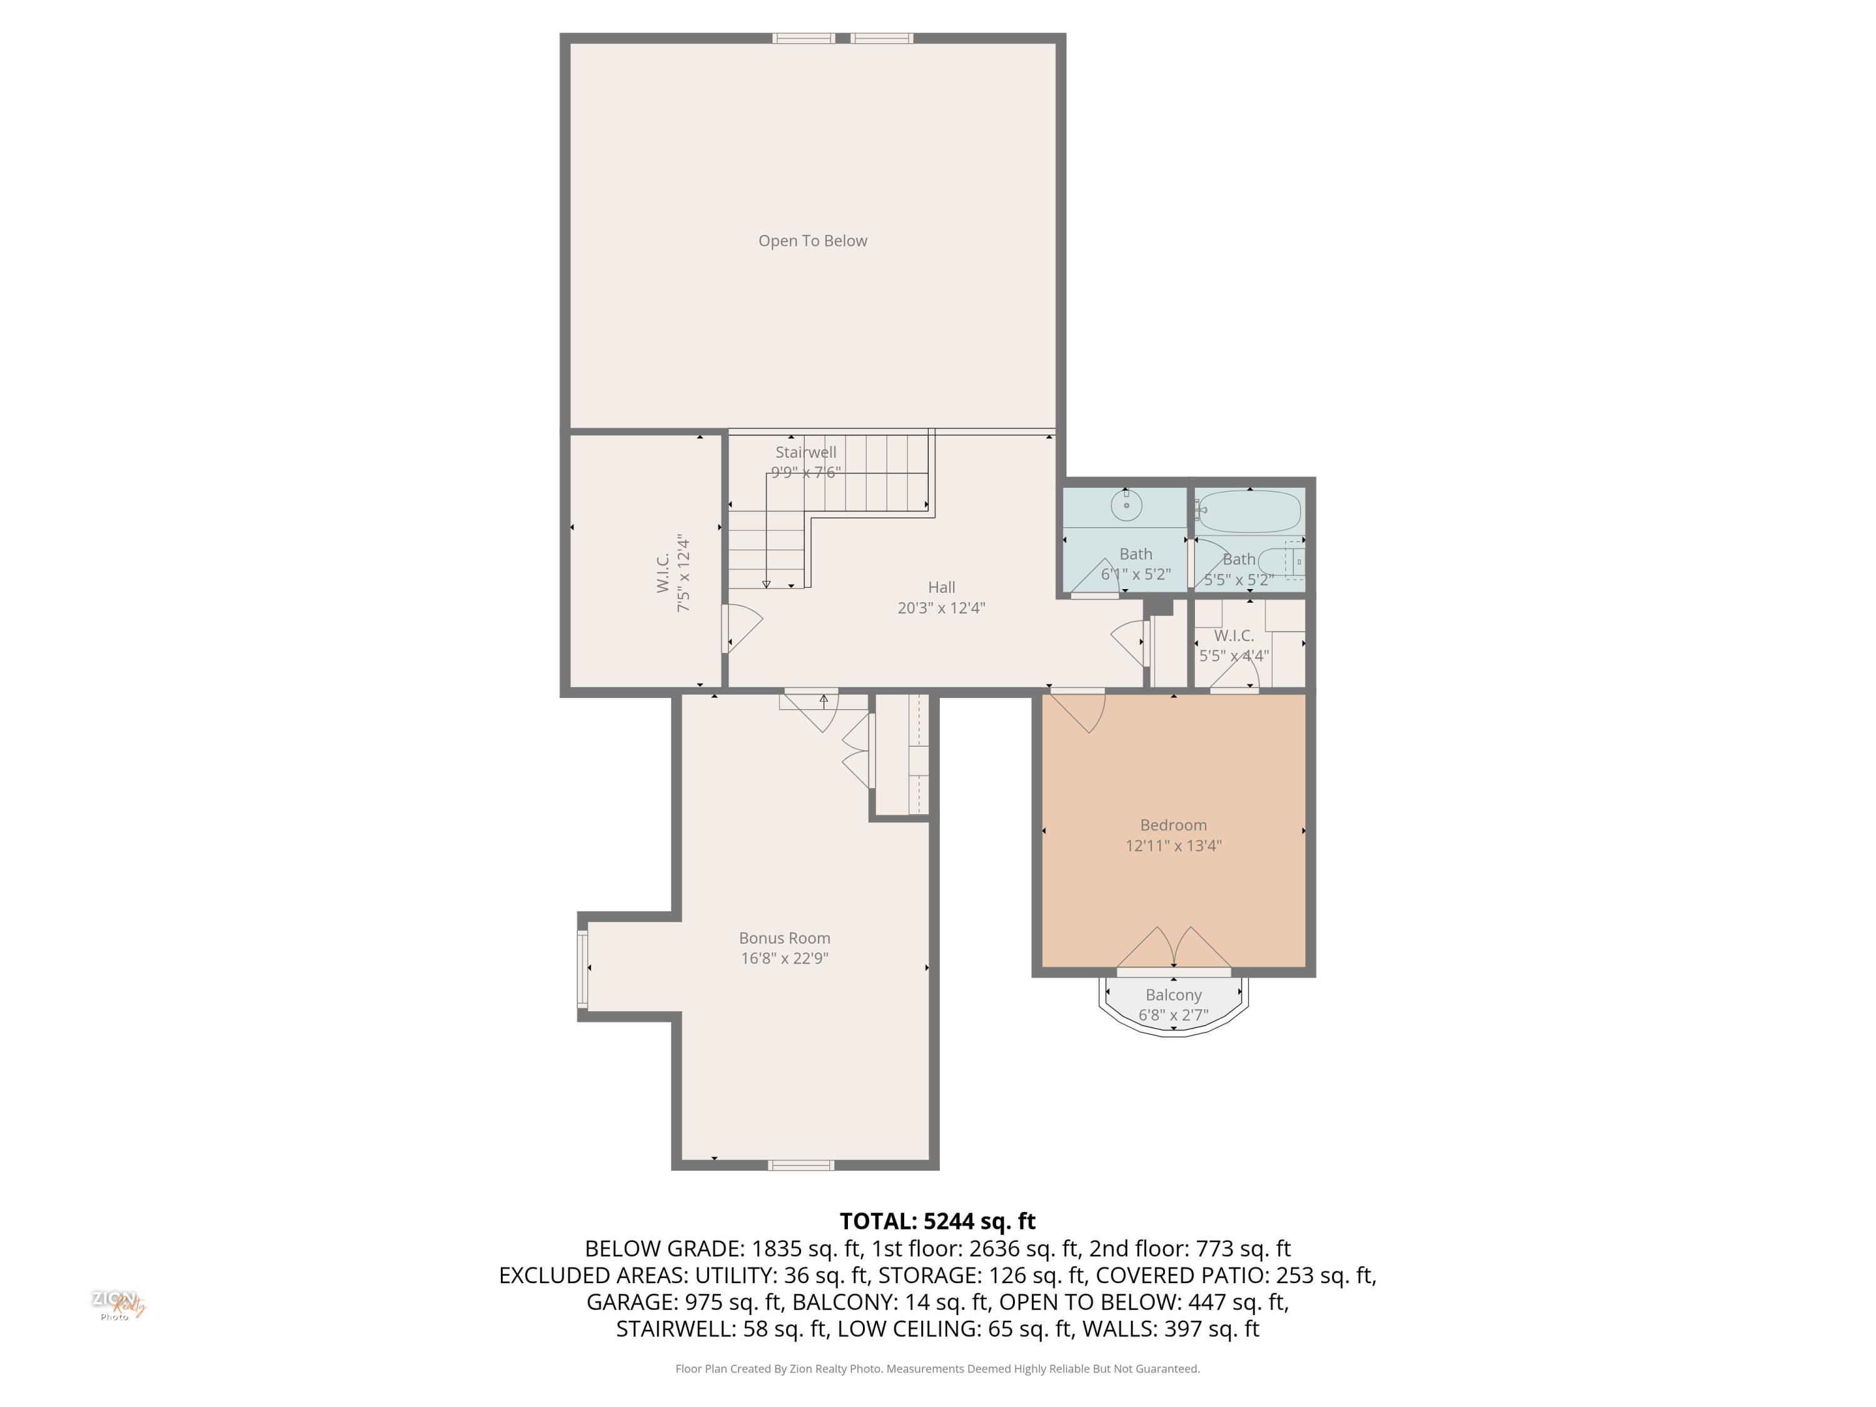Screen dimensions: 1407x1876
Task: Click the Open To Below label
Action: click(x=812, y=241)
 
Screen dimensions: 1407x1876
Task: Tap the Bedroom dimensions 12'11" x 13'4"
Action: click(x=1173, y=845)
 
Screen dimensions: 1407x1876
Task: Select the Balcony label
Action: click(x=1173, y=995)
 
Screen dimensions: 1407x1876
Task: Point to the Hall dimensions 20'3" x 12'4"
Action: click(x=941, y=608)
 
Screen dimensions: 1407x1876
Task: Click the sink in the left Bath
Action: click(x=1126, y=505)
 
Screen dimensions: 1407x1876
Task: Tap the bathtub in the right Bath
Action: click(x=1249, y=512)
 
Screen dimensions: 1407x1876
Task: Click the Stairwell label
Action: click(x=805, y=452)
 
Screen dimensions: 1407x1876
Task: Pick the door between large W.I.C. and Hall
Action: click(x=740, y=628)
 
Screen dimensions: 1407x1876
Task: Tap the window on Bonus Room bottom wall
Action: click(x=800, y=1165)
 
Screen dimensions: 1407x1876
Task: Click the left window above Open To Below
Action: click(x=803, y=38)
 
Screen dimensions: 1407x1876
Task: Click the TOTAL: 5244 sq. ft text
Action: click(x=937, y=1221)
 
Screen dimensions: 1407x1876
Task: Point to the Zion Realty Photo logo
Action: click(x=118, y=1305)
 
